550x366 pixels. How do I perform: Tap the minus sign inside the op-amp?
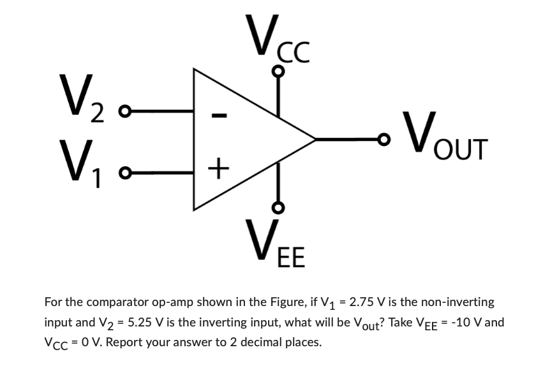point(218,115)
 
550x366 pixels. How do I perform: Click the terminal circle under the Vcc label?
point(277,72)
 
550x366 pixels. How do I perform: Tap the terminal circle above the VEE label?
point(277,207)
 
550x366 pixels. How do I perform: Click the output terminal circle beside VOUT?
point(383,136)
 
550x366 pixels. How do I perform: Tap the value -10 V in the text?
point(477,323)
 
